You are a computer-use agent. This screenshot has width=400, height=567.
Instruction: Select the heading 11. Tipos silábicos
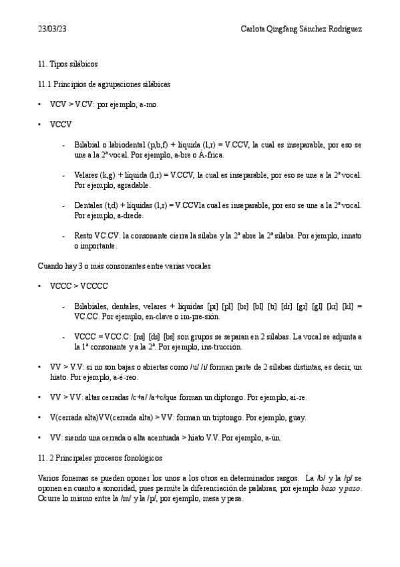(x=67, y=64)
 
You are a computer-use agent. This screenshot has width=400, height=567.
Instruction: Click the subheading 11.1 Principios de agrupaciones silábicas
(x=104, y=85)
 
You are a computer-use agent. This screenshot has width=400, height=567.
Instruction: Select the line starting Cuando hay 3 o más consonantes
(x=124, y=266)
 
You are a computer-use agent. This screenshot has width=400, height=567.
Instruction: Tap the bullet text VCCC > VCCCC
(x=79, y=286)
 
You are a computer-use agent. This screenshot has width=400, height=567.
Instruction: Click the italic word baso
(x=328, y=489)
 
